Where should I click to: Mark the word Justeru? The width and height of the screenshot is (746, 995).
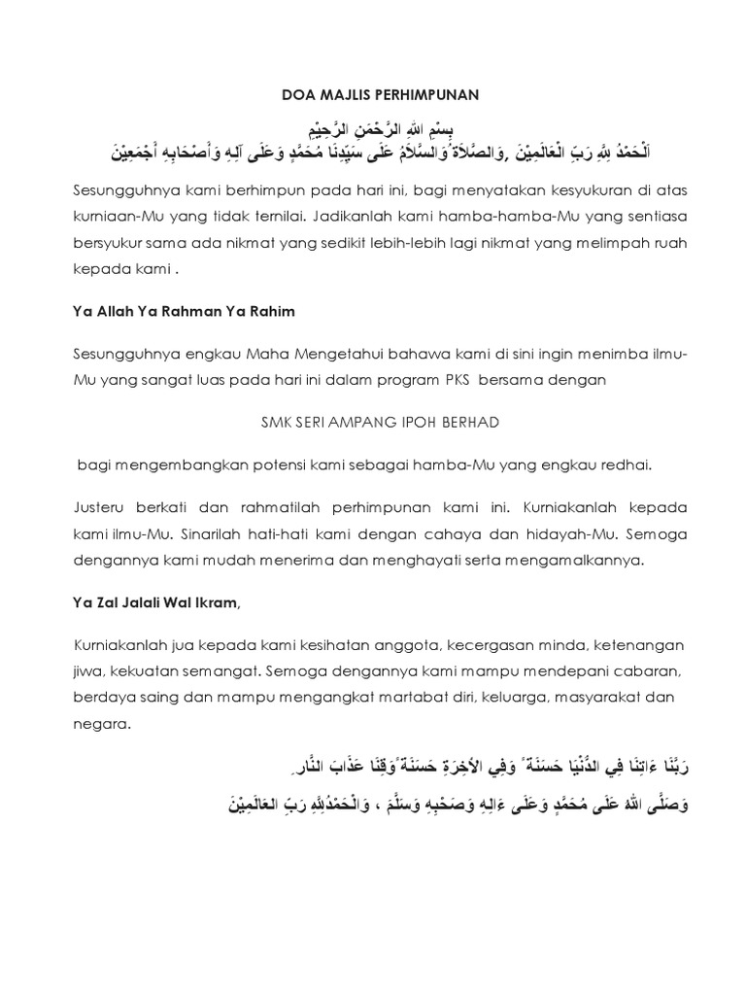[x=101, y=507]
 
